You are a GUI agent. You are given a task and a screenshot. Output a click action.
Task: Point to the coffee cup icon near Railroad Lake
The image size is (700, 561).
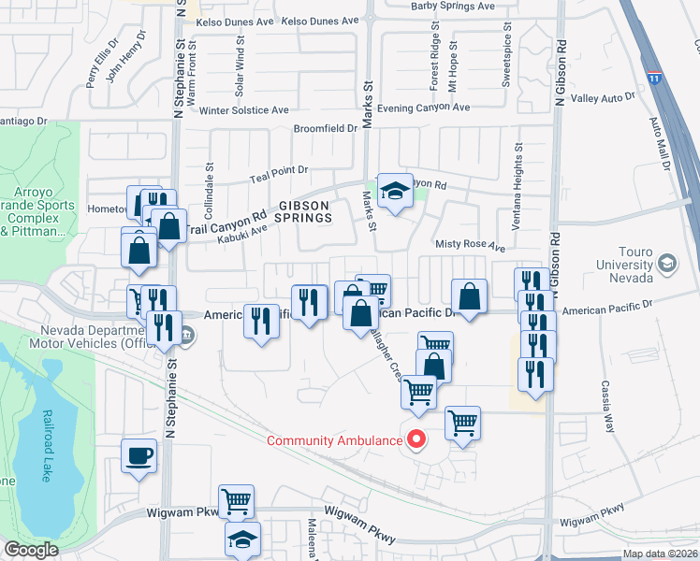pos(139,456)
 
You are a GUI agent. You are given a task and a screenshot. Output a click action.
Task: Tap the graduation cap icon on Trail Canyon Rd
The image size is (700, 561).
pos(395,192)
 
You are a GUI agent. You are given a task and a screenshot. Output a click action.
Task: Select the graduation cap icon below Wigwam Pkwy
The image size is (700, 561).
pos(243,539)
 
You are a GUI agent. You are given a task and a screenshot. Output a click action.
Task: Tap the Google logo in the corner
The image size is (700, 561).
pos(30,550)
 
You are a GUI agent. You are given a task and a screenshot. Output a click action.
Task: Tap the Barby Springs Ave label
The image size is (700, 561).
pos(453,7)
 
